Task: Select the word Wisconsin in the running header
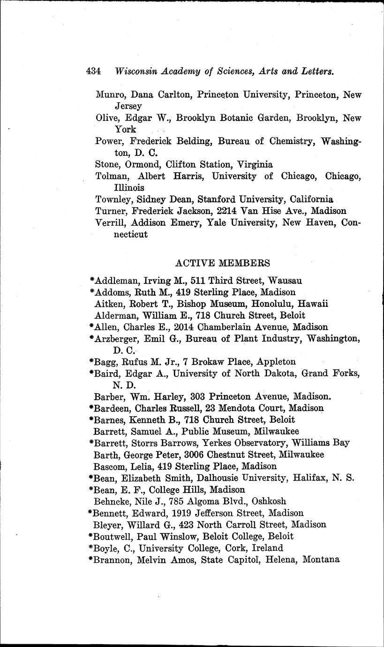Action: pos(136,72)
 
